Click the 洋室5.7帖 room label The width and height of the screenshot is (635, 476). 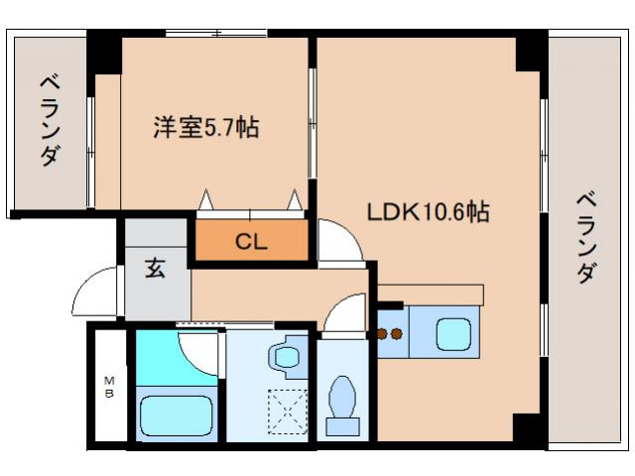[x=205, y=128]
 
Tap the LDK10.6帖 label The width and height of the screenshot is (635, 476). [x=428, y=212]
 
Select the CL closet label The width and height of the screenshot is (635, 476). [x=250, y=242]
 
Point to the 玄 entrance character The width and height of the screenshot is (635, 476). [x=157, y=268]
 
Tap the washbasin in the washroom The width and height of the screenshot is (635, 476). [x=289, y=356]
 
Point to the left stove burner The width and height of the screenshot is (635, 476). [x=383, y=334]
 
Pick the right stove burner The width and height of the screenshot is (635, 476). [x=399, y=334]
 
